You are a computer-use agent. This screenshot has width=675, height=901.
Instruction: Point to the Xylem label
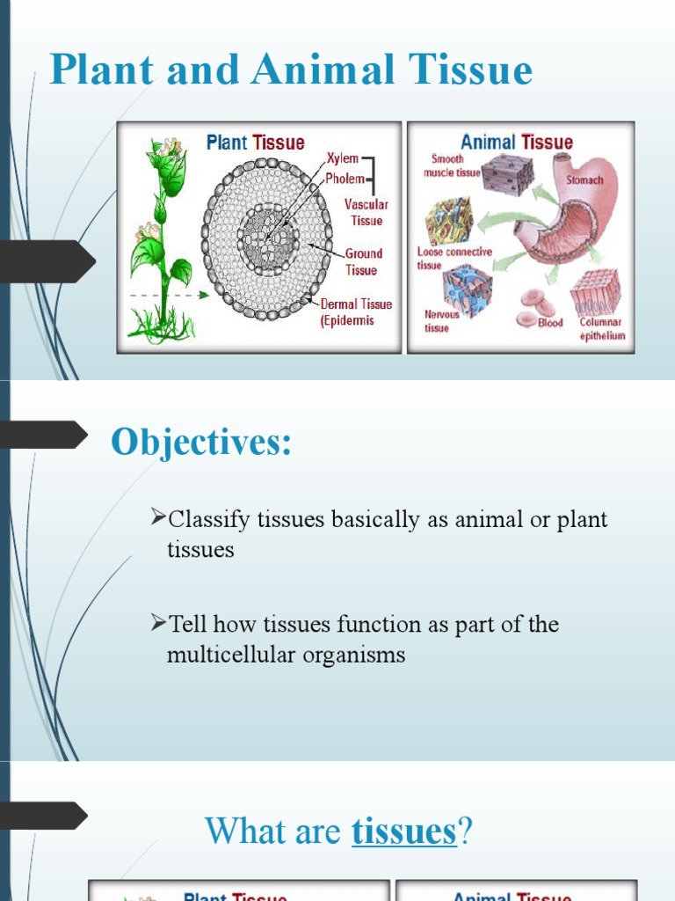pos(342,159)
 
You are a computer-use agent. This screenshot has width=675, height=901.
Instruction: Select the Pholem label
pos(345,179)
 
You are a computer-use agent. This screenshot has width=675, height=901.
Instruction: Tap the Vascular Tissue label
pos(366,212)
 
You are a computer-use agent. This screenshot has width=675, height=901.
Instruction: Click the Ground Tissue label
pos(363,261)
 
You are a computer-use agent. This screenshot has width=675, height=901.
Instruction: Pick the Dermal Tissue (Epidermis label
pos(356,311)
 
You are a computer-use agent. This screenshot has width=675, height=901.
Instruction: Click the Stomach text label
pos(584,180)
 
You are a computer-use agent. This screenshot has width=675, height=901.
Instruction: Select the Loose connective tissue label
pos(454,258)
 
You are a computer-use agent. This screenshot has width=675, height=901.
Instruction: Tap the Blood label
pos(550,323)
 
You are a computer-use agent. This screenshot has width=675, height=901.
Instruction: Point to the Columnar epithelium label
pos(602,328)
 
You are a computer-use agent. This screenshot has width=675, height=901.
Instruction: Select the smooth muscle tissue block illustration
pos(506,174)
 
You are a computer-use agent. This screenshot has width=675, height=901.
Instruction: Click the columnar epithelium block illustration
pos(595,292)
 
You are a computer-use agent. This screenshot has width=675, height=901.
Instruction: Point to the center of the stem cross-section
pos(267,238)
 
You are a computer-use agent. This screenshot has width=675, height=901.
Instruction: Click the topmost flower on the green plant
pos(166,147)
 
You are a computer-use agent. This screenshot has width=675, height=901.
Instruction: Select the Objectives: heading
pos(200,442)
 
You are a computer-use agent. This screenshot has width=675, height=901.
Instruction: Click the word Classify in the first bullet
pos(210,519)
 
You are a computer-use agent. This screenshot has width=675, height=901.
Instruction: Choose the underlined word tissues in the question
pos(403,831)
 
